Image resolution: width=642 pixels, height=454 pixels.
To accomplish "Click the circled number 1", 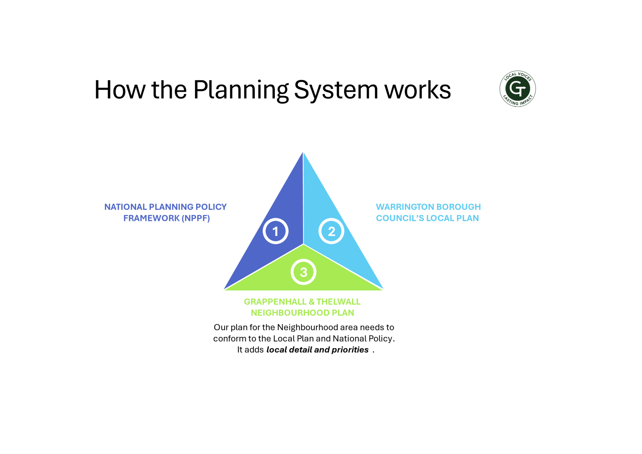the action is point(275,231).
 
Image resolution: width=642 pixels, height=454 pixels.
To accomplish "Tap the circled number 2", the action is point(331,231).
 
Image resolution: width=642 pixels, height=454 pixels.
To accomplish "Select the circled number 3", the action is point(303,272).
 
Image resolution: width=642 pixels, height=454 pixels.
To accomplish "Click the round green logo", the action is point(518,89).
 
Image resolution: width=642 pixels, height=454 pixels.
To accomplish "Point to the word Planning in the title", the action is point(241,90).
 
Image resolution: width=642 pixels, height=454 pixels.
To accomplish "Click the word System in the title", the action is point(336,90).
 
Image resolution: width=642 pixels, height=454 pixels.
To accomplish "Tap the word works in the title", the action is point(418,90).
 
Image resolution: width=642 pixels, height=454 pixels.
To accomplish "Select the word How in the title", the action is point(120,90).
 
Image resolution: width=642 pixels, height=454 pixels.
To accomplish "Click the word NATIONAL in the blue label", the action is point(126,207).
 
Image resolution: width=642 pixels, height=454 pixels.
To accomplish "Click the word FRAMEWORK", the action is point(151,218).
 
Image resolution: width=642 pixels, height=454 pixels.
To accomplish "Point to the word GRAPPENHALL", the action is point(275,302).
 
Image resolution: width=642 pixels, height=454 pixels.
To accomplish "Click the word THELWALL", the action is point(339,302).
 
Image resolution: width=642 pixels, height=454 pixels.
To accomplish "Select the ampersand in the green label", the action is point(312,302).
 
